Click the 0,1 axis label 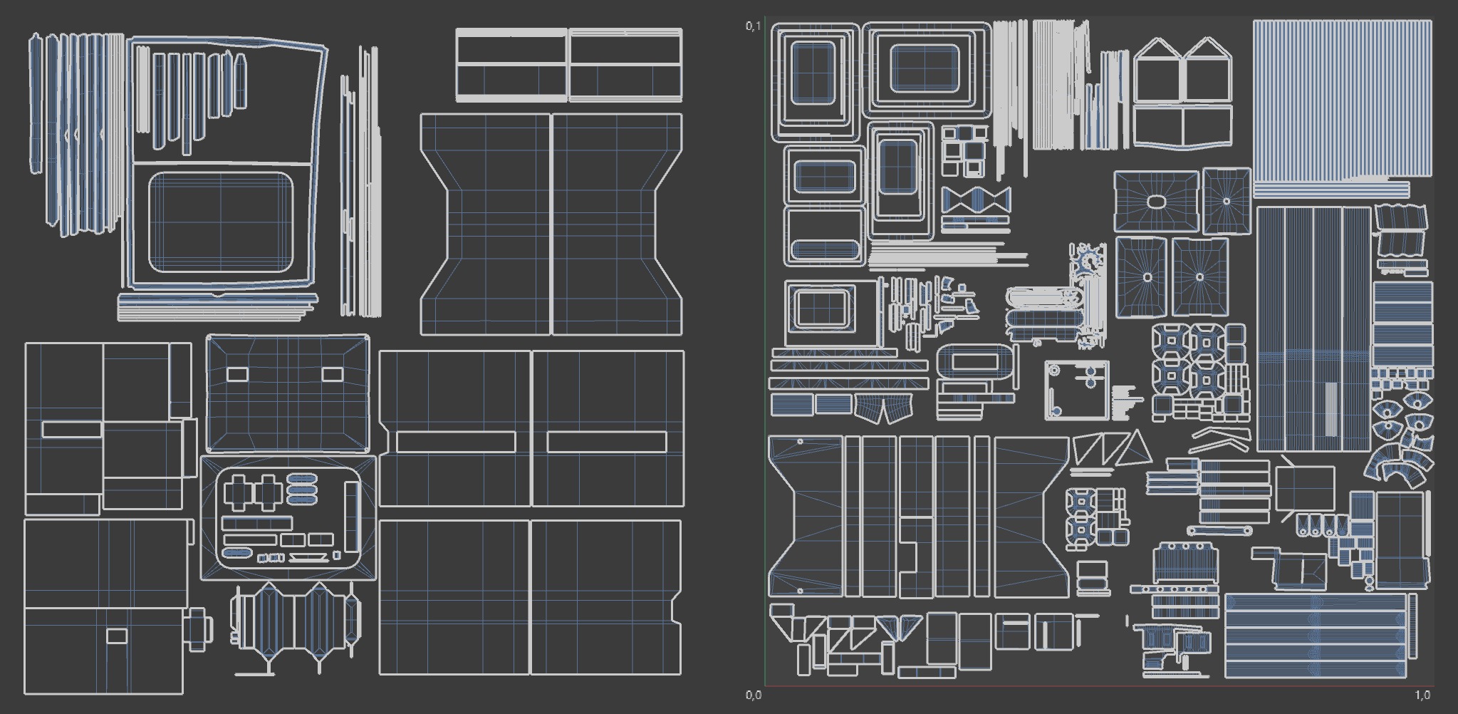[x=753, y=26]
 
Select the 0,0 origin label [x=753, y=695]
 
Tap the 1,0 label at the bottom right [x=1422, y=695]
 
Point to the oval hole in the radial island [x=1155, y=202]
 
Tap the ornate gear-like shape [x=1086, y=260]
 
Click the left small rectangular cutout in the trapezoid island [x=237, y=374]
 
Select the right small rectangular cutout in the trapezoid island [x=332, y=374]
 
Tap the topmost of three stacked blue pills [x=302, y=477]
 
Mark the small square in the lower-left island [x=116, y=636]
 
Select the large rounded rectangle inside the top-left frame [x=220, y=222]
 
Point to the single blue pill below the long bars [x=236, y=553]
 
